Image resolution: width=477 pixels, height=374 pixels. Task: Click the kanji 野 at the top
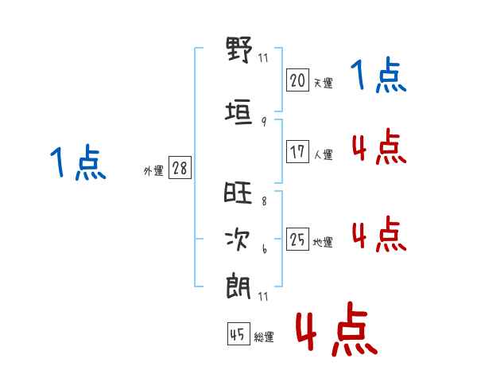click(239, 49)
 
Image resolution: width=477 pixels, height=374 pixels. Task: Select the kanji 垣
click(238, 112)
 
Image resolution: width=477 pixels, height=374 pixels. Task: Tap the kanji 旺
click(238, 193)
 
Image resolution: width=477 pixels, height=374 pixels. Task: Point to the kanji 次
click(238, 240)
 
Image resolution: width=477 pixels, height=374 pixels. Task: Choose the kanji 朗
click(238, 287)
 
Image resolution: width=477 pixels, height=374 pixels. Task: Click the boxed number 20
click(297, 80)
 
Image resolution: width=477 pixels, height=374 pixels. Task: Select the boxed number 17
click(297, 151)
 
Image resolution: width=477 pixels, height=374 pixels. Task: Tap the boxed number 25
click(297, 239)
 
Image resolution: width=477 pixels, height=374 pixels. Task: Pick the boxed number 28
click(180, 168)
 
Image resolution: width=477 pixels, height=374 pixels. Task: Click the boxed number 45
click(238, 333)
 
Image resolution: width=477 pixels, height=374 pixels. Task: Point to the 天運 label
click(324, 83)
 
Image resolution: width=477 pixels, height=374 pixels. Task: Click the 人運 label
click(324, 154)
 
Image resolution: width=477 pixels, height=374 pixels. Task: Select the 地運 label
click(323, 242)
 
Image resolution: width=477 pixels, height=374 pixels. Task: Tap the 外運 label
click(153, 171)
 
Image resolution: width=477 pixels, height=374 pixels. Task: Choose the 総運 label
click(264, 337)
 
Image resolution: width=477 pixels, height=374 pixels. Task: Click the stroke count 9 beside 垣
click(264, 122)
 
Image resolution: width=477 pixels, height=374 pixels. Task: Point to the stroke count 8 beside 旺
click(264, 201)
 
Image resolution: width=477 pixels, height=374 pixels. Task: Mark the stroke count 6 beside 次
click(265, 249)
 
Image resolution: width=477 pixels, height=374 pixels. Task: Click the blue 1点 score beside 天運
click(378, 75)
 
